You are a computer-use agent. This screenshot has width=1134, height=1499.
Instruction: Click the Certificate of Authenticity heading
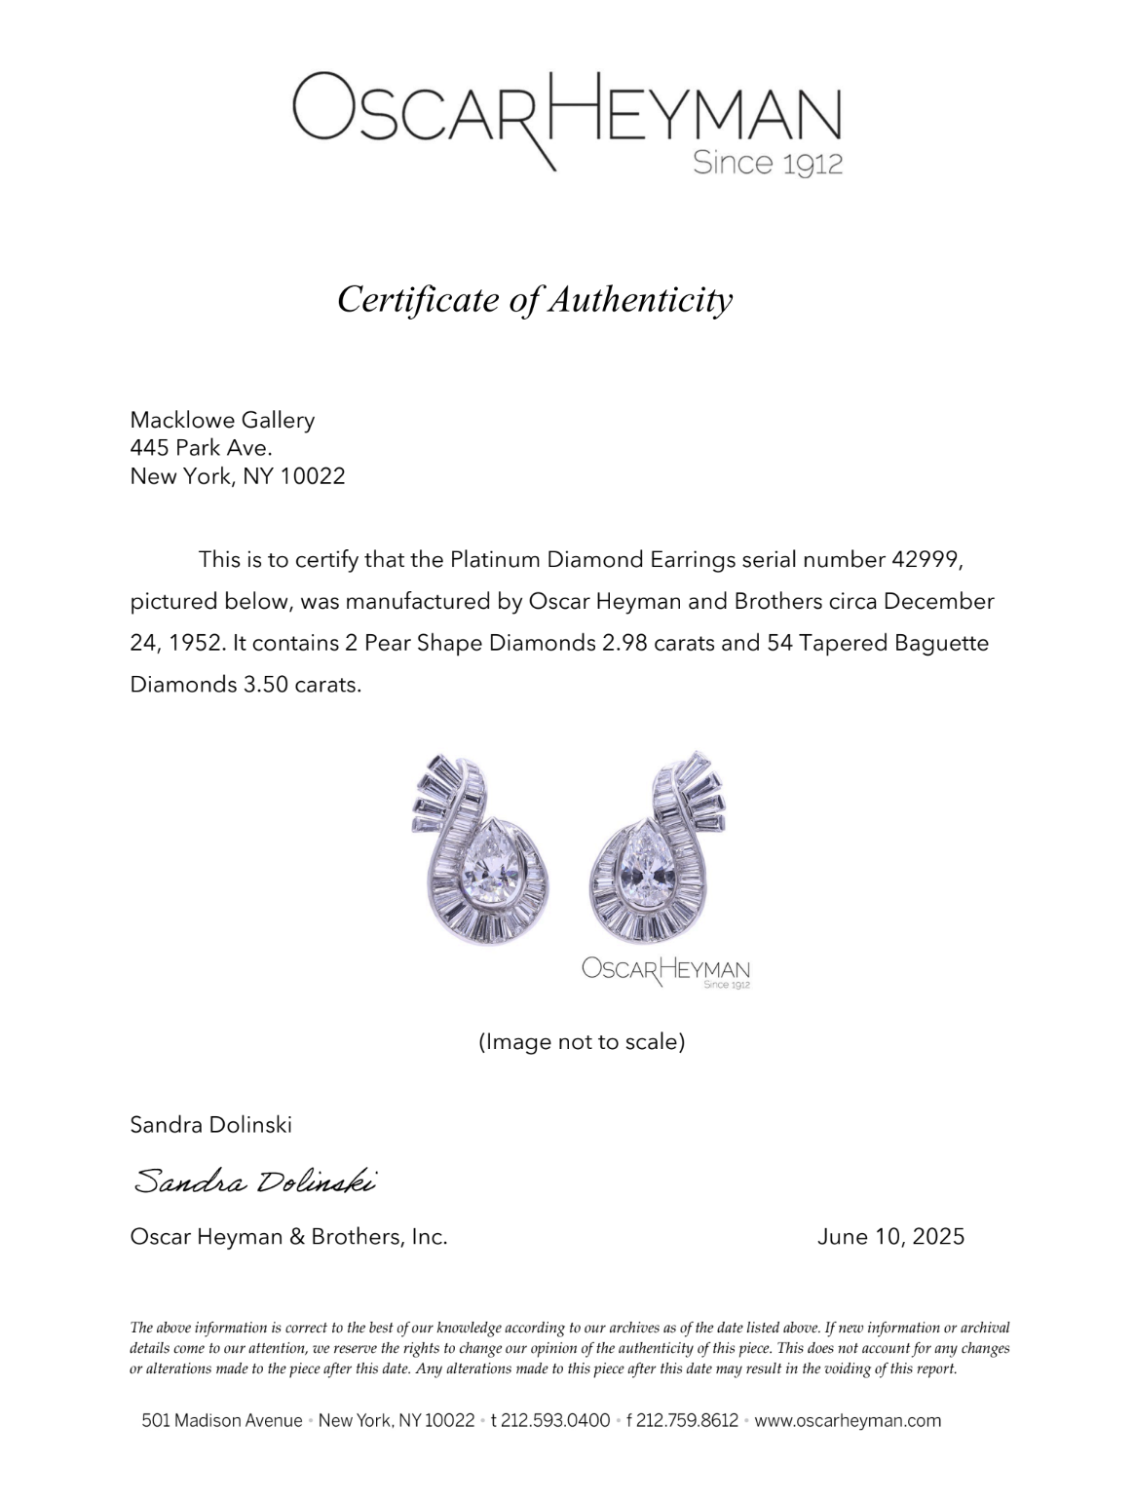point(534,299)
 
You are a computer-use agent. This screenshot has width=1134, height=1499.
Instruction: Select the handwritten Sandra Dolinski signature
point(254,1181)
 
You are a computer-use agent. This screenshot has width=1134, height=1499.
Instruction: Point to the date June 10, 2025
point(890,1237)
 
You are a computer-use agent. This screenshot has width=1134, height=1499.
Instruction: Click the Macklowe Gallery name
point(222,420)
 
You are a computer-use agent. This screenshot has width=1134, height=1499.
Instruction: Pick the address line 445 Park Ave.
point(201,448)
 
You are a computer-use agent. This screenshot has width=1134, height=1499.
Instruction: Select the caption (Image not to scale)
point(582,1042)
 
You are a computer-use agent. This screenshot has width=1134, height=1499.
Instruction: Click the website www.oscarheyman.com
point(848,1420)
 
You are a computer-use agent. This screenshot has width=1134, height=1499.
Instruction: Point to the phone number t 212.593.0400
point(550,1420)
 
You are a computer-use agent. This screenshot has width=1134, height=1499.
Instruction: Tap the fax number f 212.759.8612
point(682,1420)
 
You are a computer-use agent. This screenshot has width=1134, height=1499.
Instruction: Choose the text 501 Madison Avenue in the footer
point(222,1420)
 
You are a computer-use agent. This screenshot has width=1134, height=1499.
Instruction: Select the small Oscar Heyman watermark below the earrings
point(666,970)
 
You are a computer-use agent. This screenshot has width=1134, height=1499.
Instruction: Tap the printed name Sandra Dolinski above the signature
point(210,1125)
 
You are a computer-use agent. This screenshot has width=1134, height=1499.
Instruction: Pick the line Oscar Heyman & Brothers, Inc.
point(288,1237)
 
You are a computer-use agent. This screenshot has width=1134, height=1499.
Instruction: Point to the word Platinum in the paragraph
point(495,560)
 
